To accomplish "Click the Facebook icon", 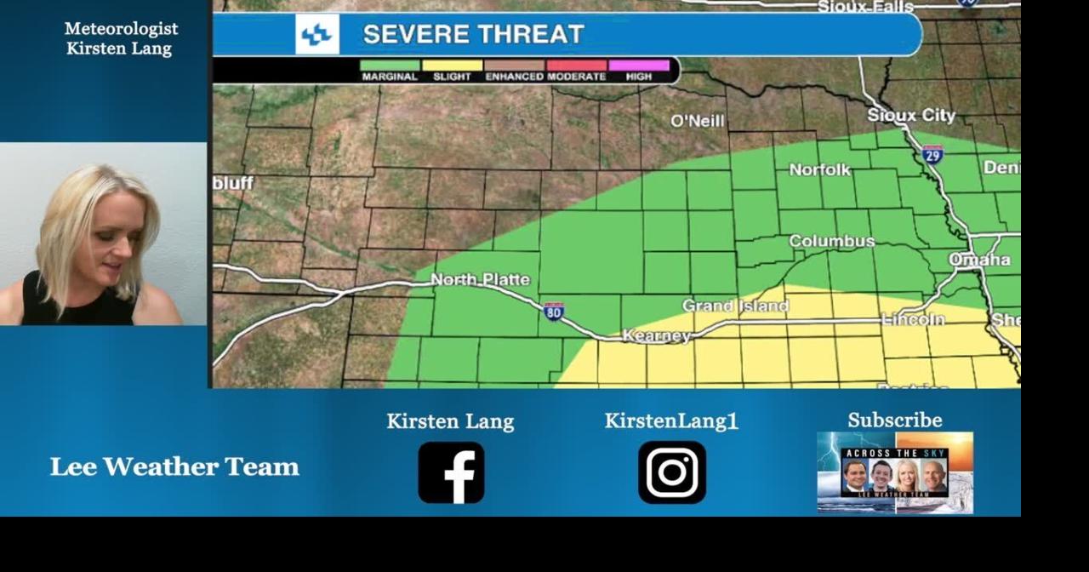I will pyautogui.click(x=451, y=472).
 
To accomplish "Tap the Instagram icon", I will pyautogui.click(x=672, y=472).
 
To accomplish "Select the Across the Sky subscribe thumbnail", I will pyautogui.click(x=895, y=472).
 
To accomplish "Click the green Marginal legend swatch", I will pyautogui.click(x=390, y=66).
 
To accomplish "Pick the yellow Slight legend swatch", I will pyautogui.click(x=452, y=66).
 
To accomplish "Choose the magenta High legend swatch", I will pyautogui.click(x=639, y=66).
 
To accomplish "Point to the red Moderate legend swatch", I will pyautogui.click(x=577, y=66).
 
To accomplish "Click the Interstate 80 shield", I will pyautogui.click(x=554, y=312).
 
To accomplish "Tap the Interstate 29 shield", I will pyautogui.click(x=932, y=154).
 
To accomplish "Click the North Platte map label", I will pyautogui.click(x=480, y=279).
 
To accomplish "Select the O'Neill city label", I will pyautogui.click(x=698, y=121).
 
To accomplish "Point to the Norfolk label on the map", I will pyautogui.click(x=819, y=169).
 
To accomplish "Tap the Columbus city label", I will pyautogui.click(x=831, y=241).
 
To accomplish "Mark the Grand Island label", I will pyautogui.click(x=735, y=306).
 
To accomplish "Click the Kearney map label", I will pyautogui.click(x=657, y=336).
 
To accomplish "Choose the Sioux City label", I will pyautogui.click(x=911, y=115).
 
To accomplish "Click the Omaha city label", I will pyautogui.click(x=979, y=259).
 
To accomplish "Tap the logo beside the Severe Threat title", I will pyautogui.click(x=317, y=35).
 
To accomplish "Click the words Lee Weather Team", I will pyautogui.click(x=174, y=466).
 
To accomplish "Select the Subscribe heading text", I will pyautogui.click(x=894, y=420).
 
